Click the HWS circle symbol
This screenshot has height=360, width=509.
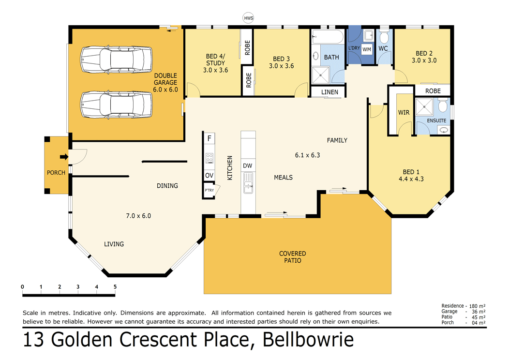coord(248,18)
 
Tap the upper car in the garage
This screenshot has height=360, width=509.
coord(116,59)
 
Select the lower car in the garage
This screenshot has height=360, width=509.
coord(116,103)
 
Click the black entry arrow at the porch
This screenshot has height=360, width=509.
coord(63,156)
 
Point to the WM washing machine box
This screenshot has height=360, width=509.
coord(367,49)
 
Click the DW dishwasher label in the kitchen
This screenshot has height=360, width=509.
coord(248,166)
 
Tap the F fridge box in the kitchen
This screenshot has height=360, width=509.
coord(209,138)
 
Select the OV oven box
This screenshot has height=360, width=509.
coord(209,175)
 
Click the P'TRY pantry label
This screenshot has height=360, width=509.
coord(209,190)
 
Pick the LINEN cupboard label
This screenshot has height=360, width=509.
coord(328,92)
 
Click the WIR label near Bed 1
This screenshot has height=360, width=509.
coord(404,112)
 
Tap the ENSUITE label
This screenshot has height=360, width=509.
coord(436,120)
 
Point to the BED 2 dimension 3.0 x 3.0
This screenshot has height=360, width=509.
coord(424,61)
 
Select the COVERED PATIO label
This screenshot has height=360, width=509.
coord(292,257)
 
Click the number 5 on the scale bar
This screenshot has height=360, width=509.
coord(115,287)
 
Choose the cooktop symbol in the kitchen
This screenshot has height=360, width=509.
coord(210,157)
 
